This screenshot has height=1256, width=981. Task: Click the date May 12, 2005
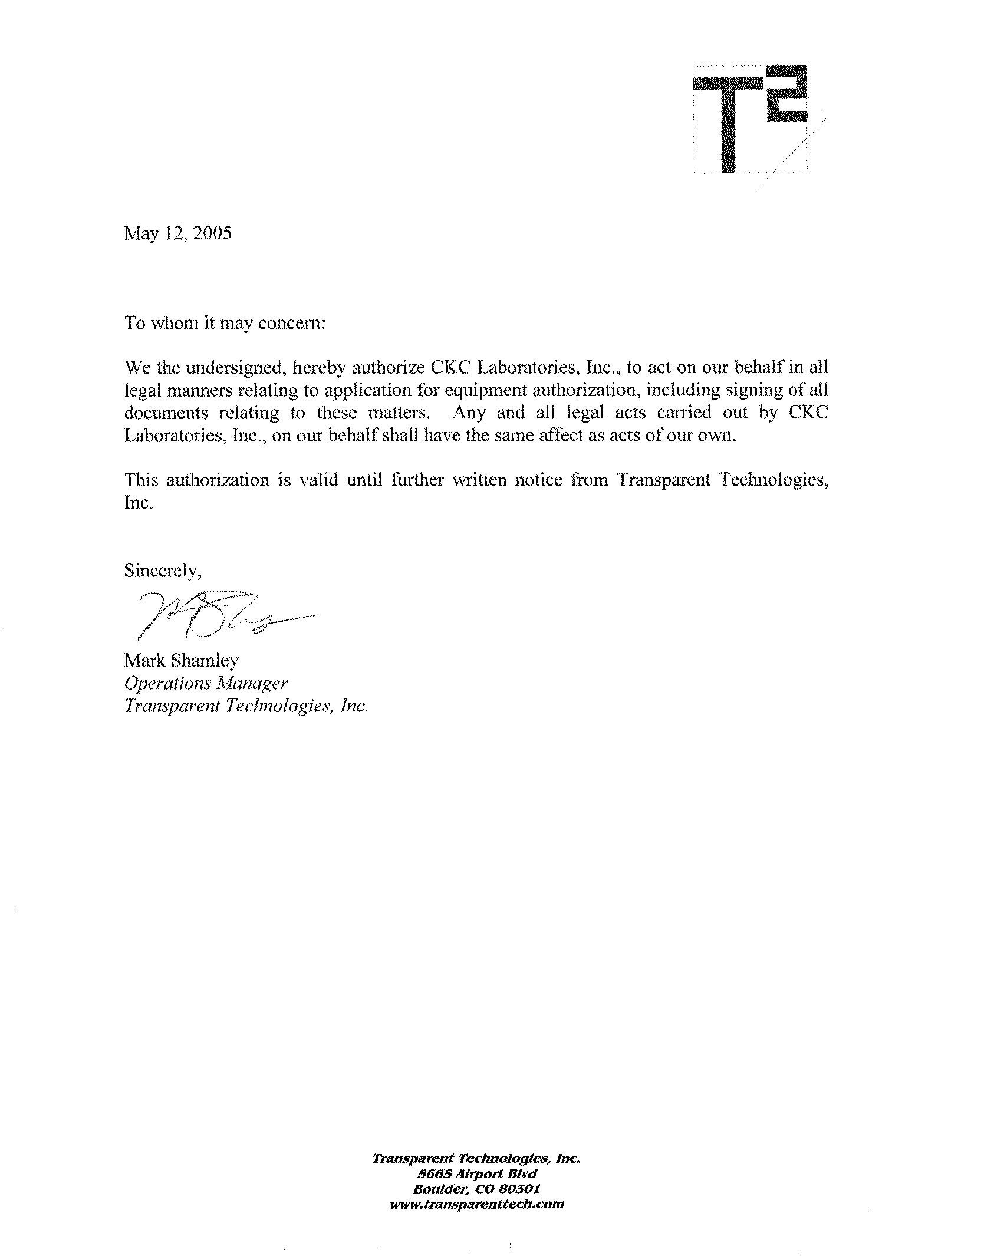177,233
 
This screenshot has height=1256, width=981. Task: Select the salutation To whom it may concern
225,324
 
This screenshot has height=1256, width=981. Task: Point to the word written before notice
480,480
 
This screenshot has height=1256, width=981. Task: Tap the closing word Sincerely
164,571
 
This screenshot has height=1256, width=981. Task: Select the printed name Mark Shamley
182,661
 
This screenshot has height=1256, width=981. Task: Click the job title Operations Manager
206,683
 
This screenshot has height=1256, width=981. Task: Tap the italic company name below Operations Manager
246,706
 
